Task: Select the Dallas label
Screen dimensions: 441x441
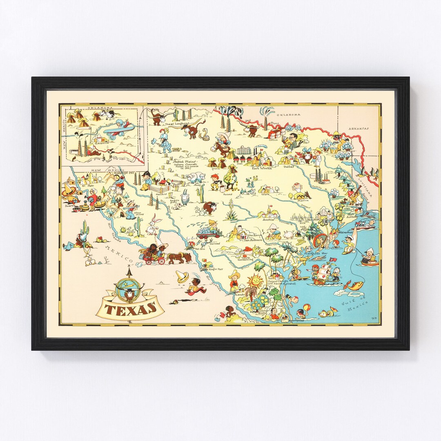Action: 288,167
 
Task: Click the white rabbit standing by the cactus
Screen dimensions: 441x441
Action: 154,226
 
